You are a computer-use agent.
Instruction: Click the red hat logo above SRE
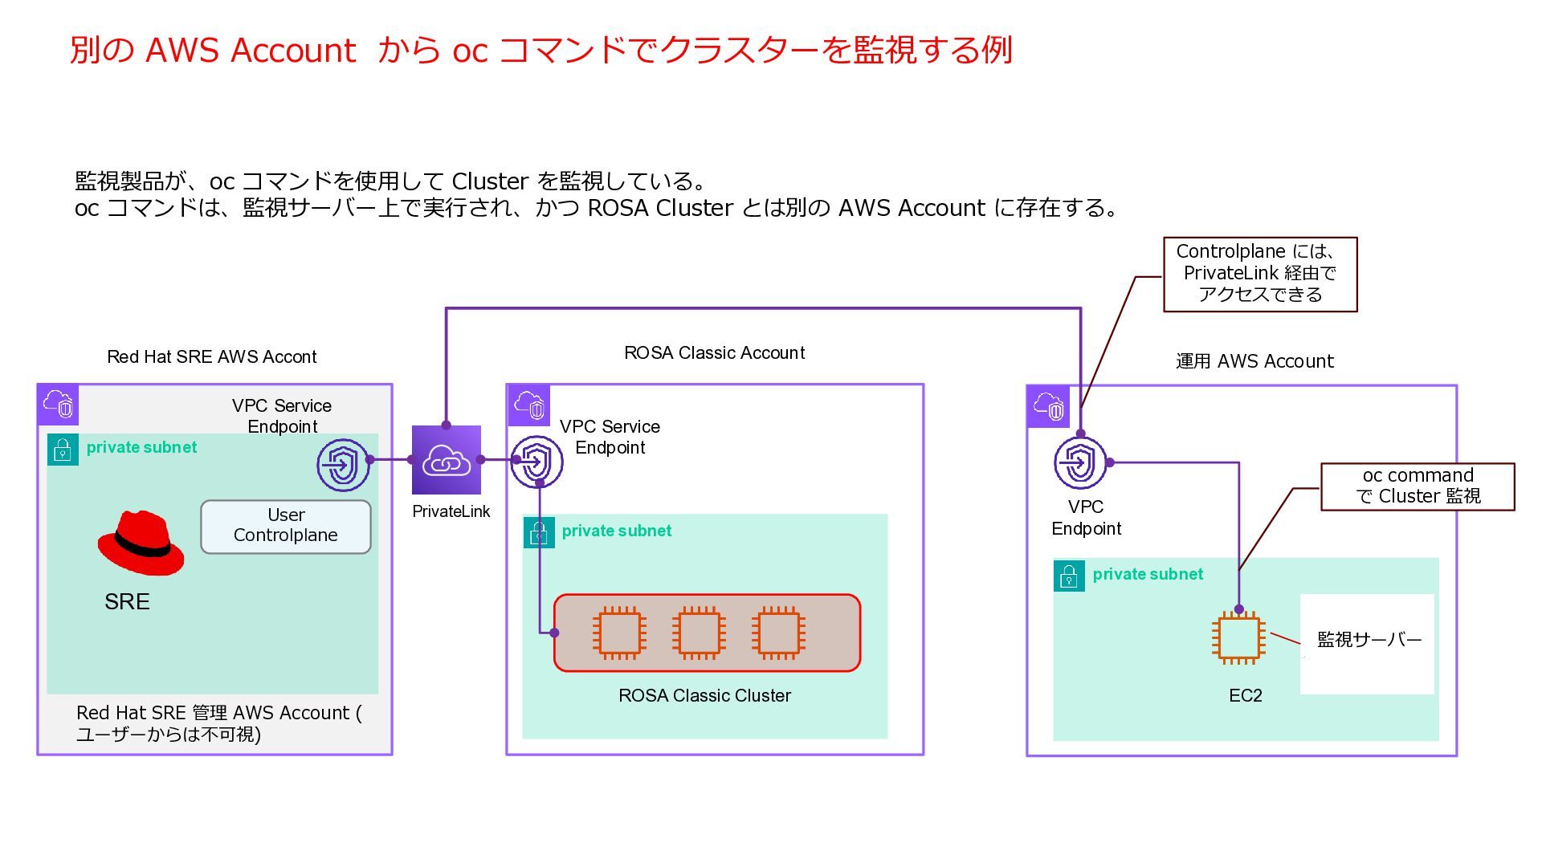[141, 543]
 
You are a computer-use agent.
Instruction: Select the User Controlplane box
[286, 527]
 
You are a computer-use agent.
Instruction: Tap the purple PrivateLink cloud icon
[447, 460]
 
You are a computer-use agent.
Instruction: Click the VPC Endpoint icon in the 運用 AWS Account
[1080, 463]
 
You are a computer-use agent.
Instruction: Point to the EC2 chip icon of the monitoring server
[1238, 638]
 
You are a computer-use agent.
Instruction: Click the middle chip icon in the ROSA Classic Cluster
[699, 633]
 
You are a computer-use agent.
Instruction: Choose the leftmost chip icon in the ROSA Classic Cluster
[619, 633]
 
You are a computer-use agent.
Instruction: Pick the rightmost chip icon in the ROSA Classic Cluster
[778, 633]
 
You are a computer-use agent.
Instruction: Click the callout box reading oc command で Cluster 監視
[1418, 486]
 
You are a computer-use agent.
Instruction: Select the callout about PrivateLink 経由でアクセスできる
[1259, 274]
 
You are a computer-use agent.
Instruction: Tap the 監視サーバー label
[1369, 640]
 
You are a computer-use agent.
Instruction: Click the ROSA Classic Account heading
[714, 353]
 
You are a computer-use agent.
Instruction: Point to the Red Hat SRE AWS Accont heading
[212, 357]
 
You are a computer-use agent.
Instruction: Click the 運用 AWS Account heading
[1254, 362]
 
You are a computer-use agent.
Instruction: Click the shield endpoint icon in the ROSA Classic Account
[536, 462]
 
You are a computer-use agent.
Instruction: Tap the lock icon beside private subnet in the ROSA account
[539, 532]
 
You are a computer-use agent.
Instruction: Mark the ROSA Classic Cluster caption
[704, 696]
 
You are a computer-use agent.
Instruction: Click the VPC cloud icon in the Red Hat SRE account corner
[58, 405]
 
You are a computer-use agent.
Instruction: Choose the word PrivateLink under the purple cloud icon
[451, 512]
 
